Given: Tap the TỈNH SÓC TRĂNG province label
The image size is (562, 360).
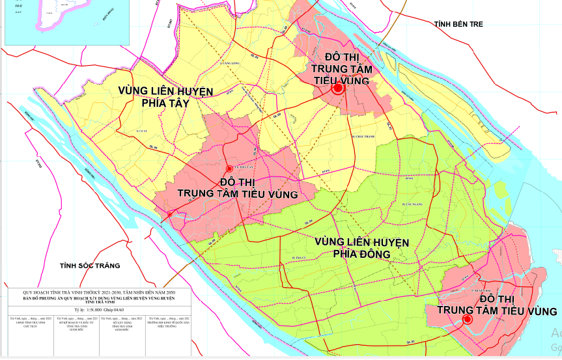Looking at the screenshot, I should click(90, 266).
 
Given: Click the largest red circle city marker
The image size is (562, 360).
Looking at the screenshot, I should click(338, 89).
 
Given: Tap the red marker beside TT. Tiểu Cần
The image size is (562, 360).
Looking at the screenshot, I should click(229, 169).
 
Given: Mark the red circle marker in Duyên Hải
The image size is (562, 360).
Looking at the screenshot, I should click(467, 319).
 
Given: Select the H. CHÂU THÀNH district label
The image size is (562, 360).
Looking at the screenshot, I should click(363, 137).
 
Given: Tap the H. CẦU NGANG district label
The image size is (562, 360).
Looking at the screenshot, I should click(412, 204).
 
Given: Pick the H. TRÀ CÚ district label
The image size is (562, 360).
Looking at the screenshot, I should click(299, 258).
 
